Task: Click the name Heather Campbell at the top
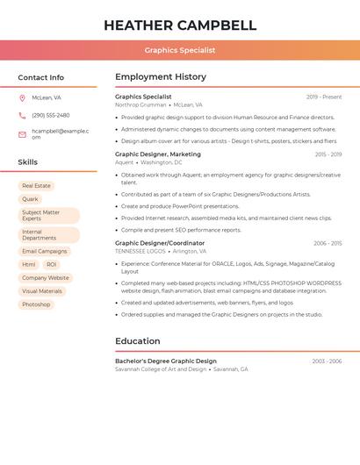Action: point(180,25)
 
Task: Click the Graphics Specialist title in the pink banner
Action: point(180,50)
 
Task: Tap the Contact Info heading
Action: point(41,77)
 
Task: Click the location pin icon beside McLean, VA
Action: point(22,97)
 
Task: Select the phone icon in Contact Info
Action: point(22,115)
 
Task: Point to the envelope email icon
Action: point(22,133)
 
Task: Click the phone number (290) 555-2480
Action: point(50,115)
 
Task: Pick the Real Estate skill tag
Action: point(36,186)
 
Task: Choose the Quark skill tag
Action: point(30,199)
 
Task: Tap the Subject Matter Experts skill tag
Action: point(47,215)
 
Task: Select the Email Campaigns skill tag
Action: point(44,251)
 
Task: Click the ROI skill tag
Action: point(51,264)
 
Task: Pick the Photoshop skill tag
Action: point(36,304)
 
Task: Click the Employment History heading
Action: point(161,77)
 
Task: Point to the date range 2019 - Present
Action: point(324,97)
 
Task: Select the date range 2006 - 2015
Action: point(328,243)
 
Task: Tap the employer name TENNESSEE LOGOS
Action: point(140,251)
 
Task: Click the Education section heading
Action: point(138,341)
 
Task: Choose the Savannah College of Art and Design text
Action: point(161,369)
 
